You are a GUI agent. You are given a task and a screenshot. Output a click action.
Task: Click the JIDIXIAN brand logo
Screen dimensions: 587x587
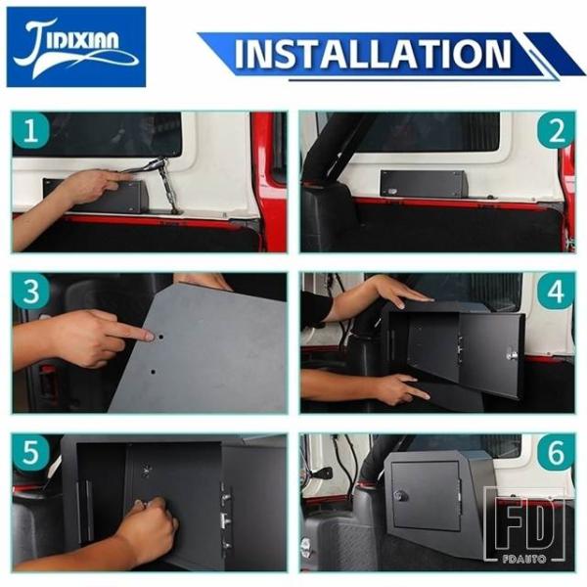pyautogui.click(x=76, y=47)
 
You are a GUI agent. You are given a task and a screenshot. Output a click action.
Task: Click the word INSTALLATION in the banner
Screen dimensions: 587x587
pyautogui.click(x=373, y=54)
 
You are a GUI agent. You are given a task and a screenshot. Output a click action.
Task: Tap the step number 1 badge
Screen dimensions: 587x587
pyautogui.click(x=30, y=130)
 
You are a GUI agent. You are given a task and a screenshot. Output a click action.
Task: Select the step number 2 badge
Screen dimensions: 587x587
pyautogui.click(x=557, y=130)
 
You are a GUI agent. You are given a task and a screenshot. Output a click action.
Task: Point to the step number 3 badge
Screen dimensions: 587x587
pyautogui.click(x=30, y=292)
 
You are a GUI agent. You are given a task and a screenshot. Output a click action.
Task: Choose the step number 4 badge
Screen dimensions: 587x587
pyautogui.click(x=557, y=292)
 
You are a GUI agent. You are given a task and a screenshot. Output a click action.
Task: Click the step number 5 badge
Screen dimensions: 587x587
pyautogui.click(x=30, y=452)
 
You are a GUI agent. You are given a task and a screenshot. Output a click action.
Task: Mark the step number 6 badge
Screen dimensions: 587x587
pyautogui.click(x=557, y=452)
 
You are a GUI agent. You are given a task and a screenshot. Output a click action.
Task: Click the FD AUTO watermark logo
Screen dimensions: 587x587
pyautogui.click(x=524, y=524)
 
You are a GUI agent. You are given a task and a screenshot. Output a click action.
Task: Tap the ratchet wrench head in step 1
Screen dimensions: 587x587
pyautogui.click(x=154, y=163)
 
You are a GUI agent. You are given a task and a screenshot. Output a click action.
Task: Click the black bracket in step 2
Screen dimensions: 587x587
pyautogui.click(x=423, y=184)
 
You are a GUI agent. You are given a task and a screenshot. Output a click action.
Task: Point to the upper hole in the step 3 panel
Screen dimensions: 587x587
pyautogui.click(x=160, y=337)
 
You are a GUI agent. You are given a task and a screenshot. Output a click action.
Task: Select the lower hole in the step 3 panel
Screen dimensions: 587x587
pyautogui.click(x=153, y=372)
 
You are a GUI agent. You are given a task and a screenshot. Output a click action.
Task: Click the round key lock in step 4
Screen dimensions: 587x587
pyautogui.click(x=512, y=354)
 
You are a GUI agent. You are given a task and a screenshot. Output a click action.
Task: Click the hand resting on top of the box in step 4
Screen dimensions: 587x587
pyautogui.click(x=399, y=292)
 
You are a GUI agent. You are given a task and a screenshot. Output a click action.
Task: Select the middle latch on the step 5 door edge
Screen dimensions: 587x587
pyautogui.click(x=225, y=520)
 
